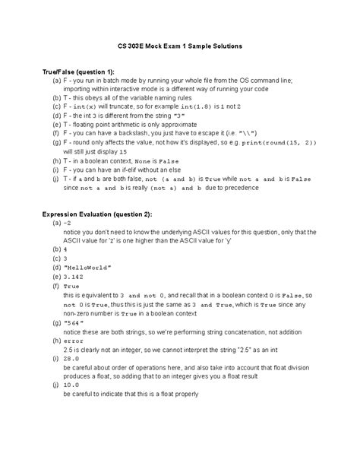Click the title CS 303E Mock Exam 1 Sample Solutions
click(x=180, y=46)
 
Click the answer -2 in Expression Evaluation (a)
click(x=68, y=225)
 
